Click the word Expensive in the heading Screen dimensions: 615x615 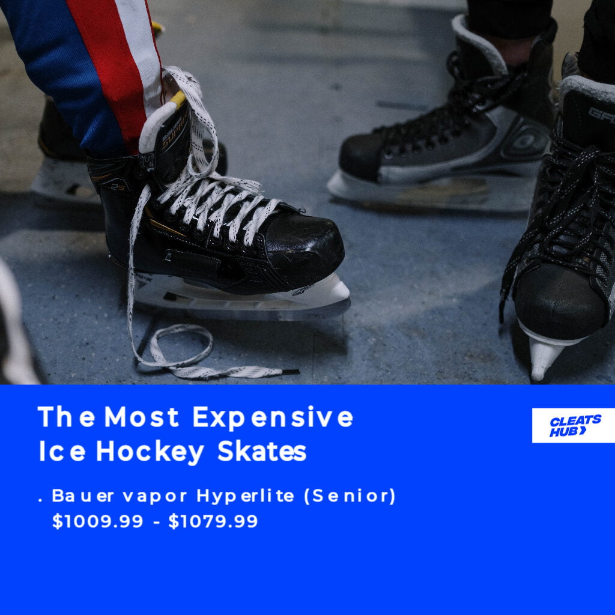pyautogui.click(x=273, y=417)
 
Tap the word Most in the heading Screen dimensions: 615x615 pyautogui.click(x=142, y=417)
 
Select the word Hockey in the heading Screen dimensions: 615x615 pyautogui.click(x=150, y=452)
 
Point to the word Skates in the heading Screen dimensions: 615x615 pyautogui.click(x=262, y=451)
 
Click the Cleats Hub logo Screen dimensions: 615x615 pyautogui.click(x=574, y=426)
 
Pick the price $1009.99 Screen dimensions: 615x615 pyautogui.click(x=98, y=521)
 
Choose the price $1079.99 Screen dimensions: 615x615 pyautogui.click(x=213, y=521)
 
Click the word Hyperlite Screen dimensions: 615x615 pyautogui.click(x=245, y=496)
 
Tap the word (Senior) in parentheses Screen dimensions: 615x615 pyautogui.click(x=350, y=496)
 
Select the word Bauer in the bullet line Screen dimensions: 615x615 pyautogui.click(x=83, y=496)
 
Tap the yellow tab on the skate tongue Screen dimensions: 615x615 pyautogui.click(x=178, y=99)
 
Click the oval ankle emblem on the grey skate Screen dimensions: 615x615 pyautogui.click(x=526, y=141)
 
